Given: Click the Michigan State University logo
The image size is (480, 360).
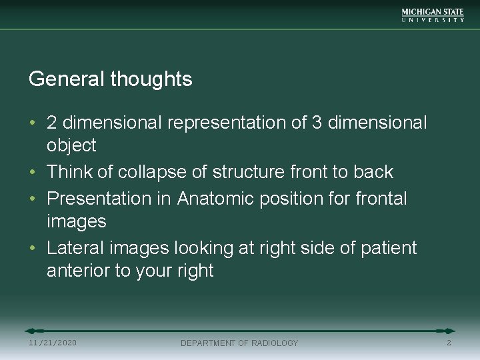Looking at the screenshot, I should coord(433,15).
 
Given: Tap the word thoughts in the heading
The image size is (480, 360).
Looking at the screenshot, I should coord(151,79).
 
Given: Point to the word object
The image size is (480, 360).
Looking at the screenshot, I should coord(71,145).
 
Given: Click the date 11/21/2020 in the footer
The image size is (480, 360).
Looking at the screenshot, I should coord(53,343).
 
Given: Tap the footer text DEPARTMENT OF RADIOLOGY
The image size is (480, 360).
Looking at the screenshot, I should coord(239,343).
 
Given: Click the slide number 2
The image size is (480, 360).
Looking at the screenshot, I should coord(449,343).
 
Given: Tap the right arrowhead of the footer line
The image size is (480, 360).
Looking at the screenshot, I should coord(449,331).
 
